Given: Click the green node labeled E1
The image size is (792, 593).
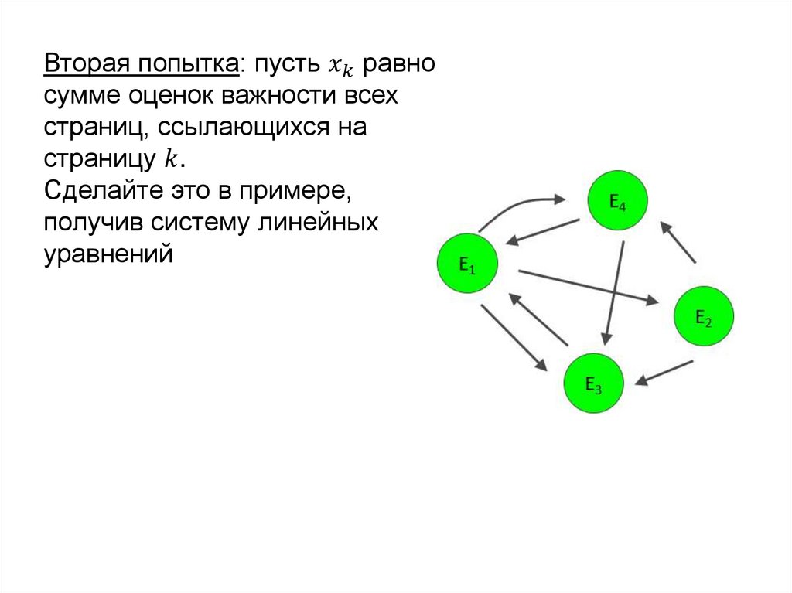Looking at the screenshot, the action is [x=467, y=265].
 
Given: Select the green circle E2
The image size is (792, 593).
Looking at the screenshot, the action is [x=703, y=315].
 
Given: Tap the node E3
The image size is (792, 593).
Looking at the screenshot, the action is [x=593, y=383].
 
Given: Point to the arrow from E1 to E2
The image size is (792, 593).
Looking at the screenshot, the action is [x=588, y=286].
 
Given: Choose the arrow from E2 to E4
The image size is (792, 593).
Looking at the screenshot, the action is [x=678, y=241].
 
